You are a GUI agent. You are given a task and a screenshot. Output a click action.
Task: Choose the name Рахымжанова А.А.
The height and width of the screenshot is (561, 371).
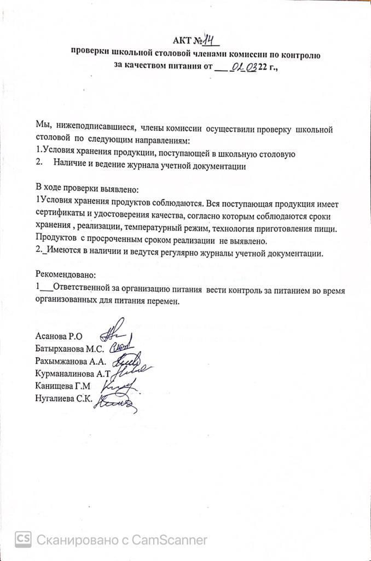click(71, 361)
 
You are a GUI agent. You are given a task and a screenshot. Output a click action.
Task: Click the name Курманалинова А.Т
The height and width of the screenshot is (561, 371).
click(73, 374)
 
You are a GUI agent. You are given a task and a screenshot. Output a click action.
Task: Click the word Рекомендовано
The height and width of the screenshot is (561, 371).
click(65, 273)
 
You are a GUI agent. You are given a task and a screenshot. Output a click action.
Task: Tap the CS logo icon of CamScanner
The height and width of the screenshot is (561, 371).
click(23, 540)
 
